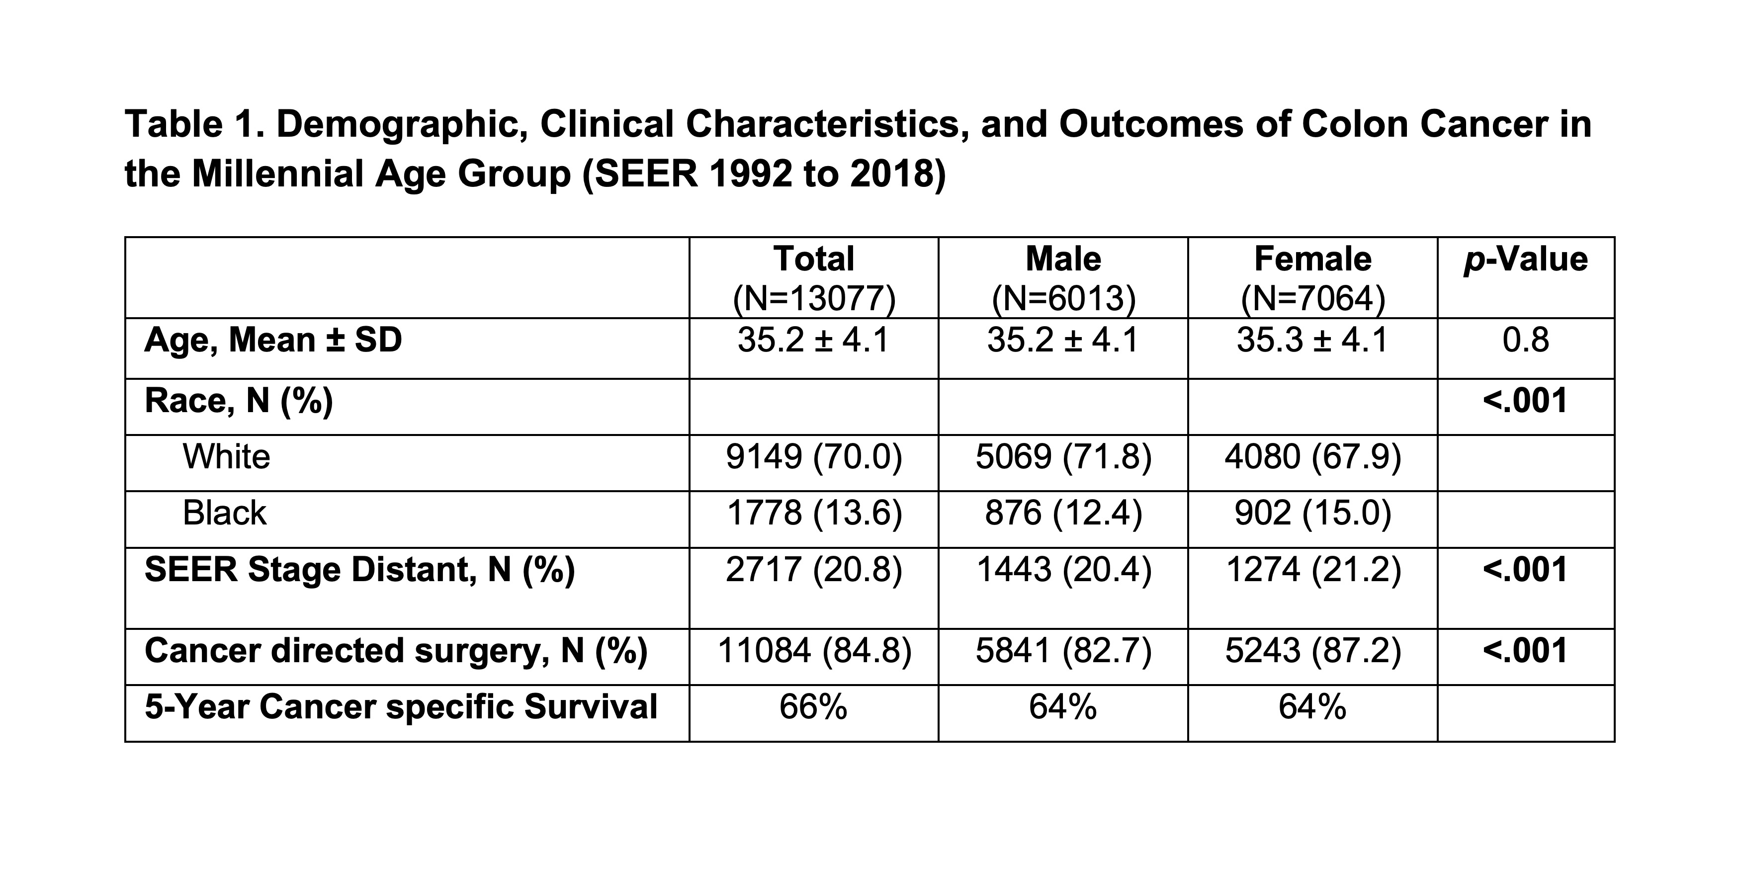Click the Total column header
tap(814, 259)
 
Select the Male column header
tap(1063, 259)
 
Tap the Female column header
tap(1313, 259)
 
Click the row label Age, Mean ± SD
tap(273, 339)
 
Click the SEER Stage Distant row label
tap(359, 569)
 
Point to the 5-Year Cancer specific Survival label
tap(401, 707)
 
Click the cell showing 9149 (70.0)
tap(814, 457)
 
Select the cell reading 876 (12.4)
tap(1063, 514)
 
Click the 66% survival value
tap(813, 707)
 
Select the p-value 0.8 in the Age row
tap(1526, 340)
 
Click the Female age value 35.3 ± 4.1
tap(1312, 340)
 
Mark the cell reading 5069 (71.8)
tap(1063, 457)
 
